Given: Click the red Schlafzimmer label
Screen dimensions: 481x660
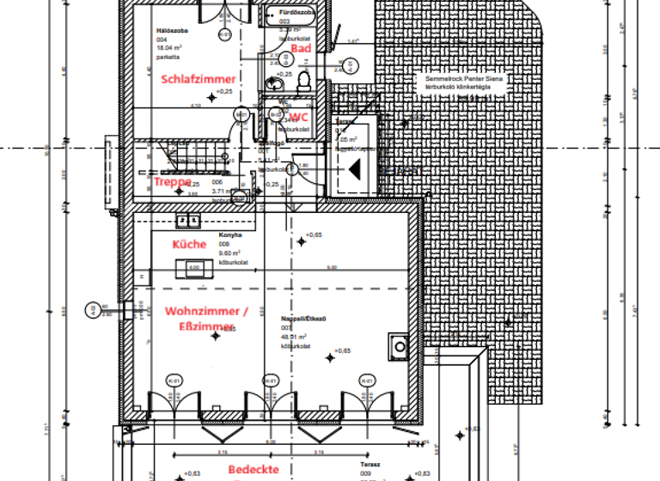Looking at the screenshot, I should coord(198,79).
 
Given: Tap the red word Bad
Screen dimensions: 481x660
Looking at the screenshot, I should coord(300,50).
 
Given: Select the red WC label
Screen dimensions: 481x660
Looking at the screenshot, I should coord(298,118).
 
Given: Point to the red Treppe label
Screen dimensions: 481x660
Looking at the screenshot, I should coord(173,182).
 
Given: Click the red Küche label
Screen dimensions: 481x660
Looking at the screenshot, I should coord(189,244).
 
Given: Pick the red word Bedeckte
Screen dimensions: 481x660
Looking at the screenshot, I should coord(254,469).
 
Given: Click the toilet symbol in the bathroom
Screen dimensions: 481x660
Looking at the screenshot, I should coord(303,79).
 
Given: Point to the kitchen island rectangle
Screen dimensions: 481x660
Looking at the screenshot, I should coord(193,269).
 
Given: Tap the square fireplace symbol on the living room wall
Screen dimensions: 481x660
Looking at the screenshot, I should coord(399,346).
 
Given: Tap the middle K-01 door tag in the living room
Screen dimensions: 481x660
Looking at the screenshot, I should coord(270,381).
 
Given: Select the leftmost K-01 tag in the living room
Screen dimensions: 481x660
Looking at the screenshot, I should coord(173,381).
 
